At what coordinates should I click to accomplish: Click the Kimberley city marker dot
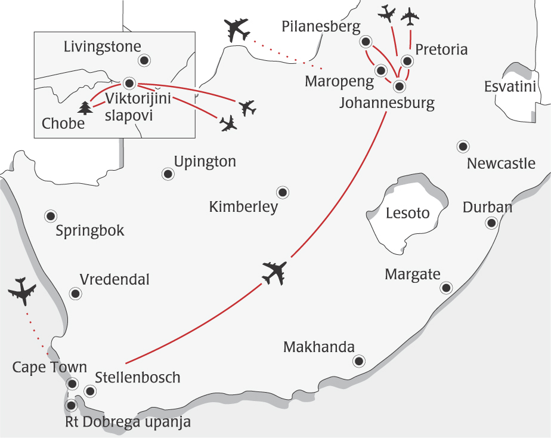click(282, 192)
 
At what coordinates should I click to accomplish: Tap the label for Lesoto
click(408, 213)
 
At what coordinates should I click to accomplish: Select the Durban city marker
click(491, 223)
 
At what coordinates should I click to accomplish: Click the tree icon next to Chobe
click(86, 108)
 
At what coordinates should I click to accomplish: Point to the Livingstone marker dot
click(144, 60)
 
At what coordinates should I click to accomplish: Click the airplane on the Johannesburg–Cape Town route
click(274, 273)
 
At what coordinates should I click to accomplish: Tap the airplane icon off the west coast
click(23, 291)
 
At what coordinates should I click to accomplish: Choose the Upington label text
click(205, 162)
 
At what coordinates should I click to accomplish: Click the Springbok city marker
click(51, 215)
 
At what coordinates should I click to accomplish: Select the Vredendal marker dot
click(75, 293)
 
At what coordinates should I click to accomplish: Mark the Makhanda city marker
click(358, 360)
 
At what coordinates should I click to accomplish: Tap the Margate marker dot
click(445, 288)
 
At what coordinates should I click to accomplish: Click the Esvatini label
click(510, 88)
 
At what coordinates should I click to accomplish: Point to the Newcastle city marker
click(462, 146)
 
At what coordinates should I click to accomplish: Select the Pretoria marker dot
click(407, 61)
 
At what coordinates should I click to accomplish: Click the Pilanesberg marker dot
click(366, 42)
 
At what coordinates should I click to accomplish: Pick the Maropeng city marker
click(380, 70)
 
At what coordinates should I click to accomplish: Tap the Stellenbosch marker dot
click(90, 391)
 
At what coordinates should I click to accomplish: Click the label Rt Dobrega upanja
click(128, 422)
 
